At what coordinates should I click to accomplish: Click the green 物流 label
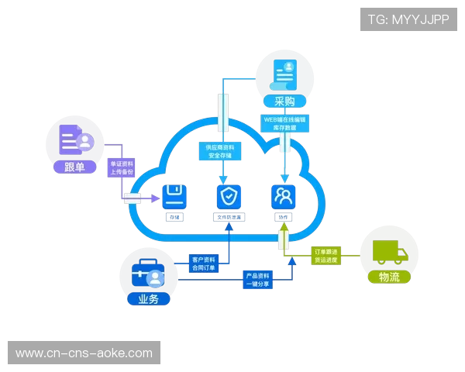pyautogui.click(x=389, y=277)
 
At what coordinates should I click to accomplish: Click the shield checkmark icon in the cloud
pyautogui.click(x=227, y=195)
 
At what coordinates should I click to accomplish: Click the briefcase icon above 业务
pyautogui.click(x=147, y=274)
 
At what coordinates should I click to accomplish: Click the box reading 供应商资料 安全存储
pyautogui.click(x=221, y=151)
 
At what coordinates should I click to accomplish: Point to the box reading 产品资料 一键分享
pyautogui.click(x=257, y=280)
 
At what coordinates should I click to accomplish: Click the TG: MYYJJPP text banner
pyautogui.click(x=408, y=19)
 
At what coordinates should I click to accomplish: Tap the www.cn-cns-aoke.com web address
pyautogui.click(x=84, y=353)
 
